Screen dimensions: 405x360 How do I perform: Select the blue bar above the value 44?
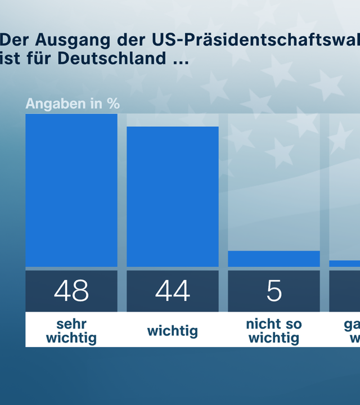click(173, 196)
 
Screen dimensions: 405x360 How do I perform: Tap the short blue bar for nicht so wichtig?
click(274, 259)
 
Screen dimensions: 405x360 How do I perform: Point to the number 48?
click(71, 291)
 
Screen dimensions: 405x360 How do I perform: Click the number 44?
click(173, 291)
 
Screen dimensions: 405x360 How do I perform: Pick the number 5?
click(274, 291)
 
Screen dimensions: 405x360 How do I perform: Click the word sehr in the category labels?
click(71, 324)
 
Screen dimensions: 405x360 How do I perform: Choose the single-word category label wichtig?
click(173, 331)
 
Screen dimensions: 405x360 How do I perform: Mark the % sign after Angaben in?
click(114, 104)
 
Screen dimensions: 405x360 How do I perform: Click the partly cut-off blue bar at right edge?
click(345, 263)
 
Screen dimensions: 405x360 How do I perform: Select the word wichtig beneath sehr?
click(71, 338)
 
